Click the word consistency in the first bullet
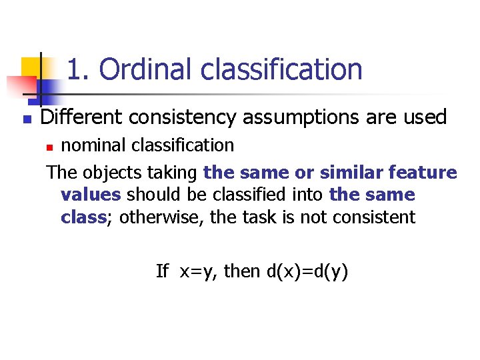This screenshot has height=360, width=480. pyautogui.click(x=182, y=117)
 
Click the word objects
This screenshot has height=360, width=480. pyautogui.click(x=106, y=173)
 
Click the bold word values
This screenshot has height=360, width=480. pyautogui.click(x=90, y=195)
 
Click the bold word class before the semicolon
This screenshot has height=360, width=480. pyautogui.click(x=83, y=217)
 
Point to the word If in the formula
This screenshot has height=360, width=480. pyautogui.click(x=162, y=271)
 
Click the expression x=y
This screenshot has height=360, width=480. pyautogui.click(x=199, y=271)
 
